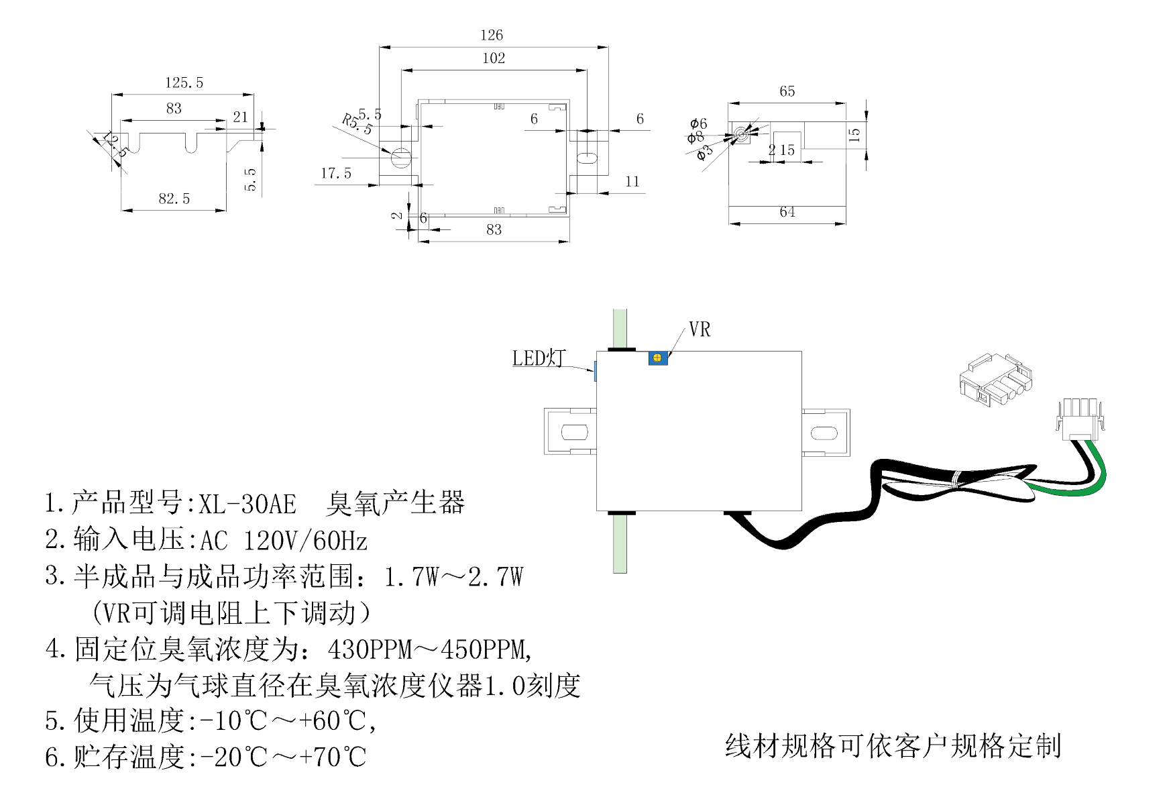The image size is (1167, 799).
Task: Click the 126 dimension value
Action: (492, 35)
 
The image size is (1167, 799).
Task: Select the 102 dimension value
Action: (494, 58)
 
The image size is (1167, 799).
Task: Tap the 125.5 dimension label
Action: (184, 83)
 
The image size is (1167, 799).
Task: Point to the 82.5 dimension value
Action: (174, 199)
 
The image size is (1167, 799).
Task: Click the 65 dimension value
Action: (787, 91)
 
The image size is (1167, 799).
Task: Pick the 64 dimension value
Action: (787, 212)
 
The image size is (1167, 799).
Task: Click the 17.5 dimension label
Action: (336, 174)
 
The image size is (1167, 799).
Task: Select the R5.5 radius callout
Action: (356, 125)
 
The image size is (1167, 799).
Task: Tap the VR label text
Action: (700, 329)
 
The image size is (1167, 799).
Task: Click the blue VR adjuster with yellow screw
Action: (658, 358)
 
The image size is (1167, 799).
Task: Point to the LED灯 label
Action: (539, 358)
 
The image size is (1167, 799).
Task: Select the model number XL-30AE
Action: (247, 503)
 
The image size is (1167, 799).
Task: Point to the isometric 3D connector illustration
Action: (995, 380)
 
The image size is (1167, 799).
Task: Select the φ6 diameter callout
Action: (698, 123)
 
